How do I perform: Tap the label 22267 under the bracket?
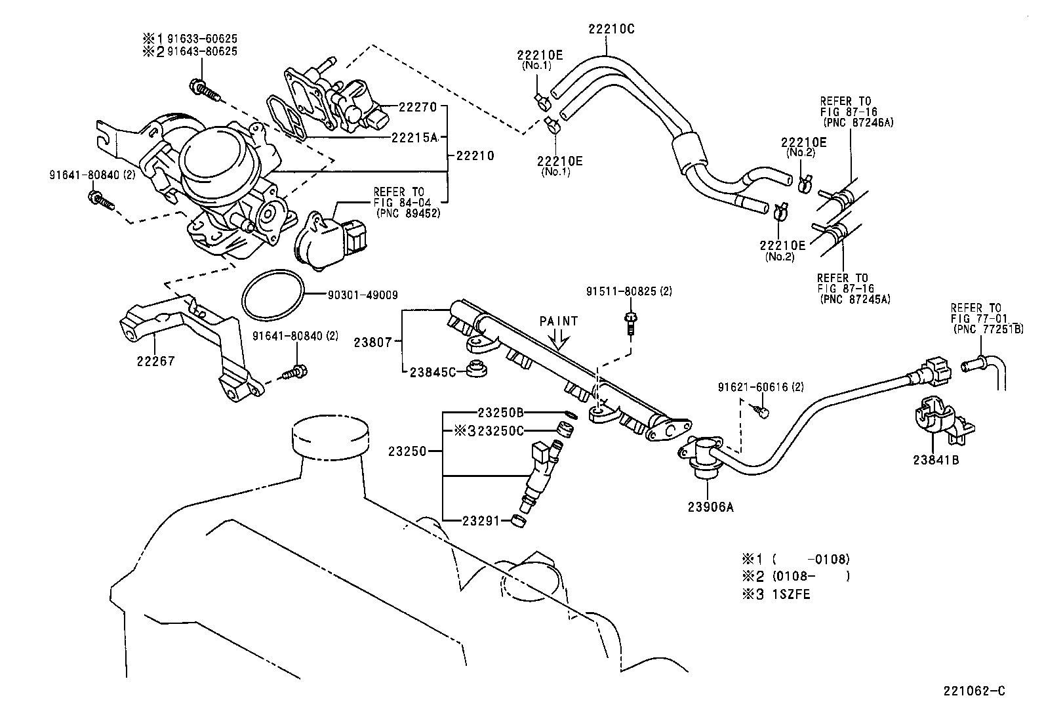tap(155, 361)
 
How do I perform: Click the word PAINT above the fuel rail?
tap(559, 321)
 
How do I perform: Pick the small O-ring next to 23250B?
tap(570, 414)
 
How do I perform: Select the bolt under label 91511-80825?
tap(630, 324)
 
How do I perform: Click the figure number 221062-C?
tap(974, 691)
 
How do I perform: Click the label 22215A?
tap(414, 138)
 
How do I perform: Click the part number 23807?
tap(372, 342)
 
